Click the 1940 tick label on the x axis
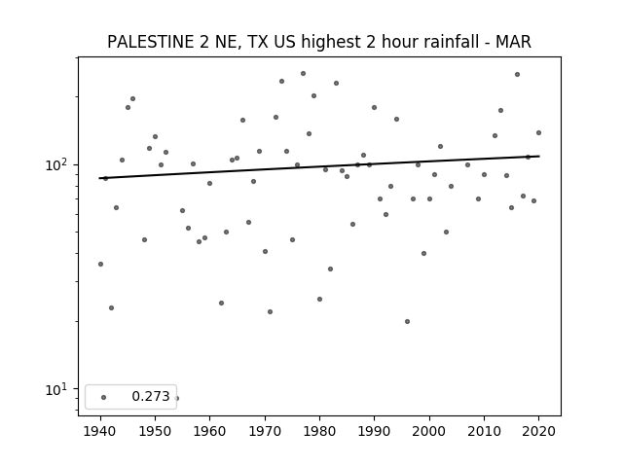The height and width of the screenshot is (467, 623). coord(100,431)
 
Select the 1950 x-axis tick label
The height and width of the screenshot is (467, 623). coord(156,431)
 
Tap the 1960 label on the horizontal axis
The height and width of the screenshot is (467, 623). coord(210,431)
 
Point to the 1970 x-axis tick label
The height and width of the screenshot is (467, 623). coord(265,431)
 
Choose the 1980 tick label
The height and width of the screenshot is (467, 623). coord(319,431)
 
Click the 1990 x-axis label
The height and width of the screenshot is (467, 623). coord(374,431)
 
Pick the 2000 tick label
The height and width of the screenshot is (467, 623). coord(429,431)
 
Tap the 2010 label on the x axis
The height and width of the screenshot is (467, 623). coord(484,431)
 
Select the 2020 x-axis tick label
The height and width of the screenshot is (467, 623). coord(538,431)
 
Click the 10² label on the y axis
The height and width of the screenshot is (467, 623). coord(58,164)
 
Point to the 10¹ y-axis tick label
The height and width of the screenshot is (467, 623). coord(58,389)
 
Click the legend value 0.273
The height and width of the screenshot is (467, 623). coord(151,396)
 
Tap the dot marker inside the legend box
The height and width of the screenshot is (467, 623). coord(104,397)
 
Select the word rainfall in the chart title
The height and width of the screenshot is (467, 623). coord(455,42)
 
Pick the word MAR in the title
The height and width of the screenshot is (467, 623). coord(513,42)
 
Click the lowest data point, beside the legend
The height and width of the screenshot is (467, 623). coord(177,398)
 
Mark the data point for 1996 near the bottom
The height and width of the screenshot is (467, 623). coord(407,322)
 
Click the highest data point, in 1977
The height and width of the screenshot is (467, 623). coord(303,74)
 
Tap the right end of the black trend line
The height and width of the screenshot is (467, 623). coord(538,156)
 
